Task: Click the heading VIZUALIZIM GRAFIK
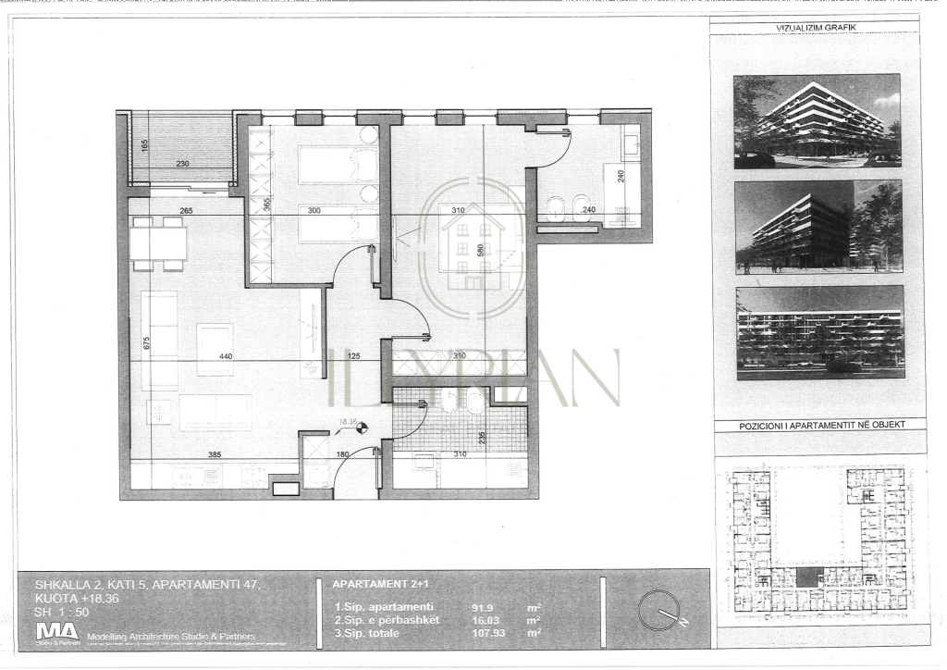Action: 816,29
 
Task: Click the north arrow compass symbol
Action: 659,611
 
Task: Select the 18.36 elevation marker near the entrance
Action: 348,422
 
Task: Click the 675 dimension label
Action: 147,342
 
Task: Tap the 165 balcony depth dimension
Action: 145,144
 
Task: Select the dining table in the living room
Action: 158,243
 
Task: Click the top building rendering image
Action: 817,120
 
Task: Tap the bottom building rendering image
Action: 819,332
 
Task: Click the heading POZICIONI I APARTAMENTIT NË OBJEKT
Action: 820,425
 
